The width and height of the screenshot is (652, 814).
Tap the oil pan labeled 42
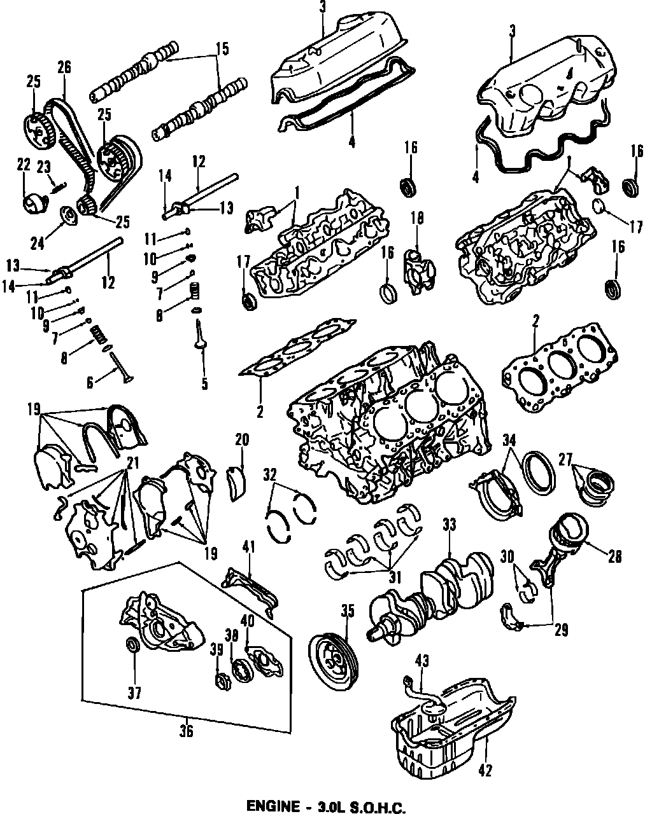pos(452,725)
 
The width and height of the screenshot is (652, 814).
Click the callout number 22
pos(24,165)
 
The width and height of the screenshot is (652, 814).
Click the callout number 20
pos(242,439)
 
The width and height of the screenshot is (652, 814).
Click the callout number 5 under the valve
pos(203,383)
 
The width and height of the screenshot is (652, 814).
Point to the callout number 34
pos(509,439)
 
